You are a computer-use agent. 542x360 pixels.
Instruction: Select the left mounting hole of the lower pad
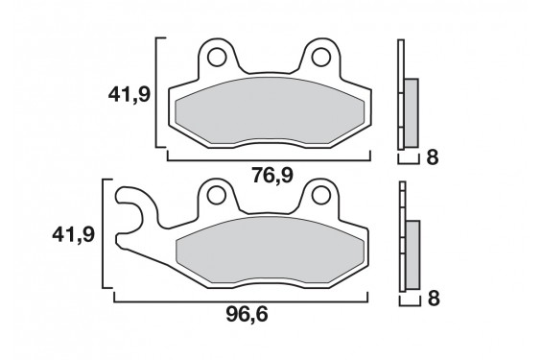(x=216, y=198)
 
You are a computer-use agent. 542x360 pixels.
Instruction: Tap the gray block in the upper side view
(x=412, y=109)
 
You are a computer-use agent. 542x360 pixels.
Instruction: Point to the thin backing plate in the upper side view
(x=401, y=96)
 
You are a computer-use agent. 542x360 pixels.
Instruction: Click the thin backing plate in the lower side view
(x=401, y=240)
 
